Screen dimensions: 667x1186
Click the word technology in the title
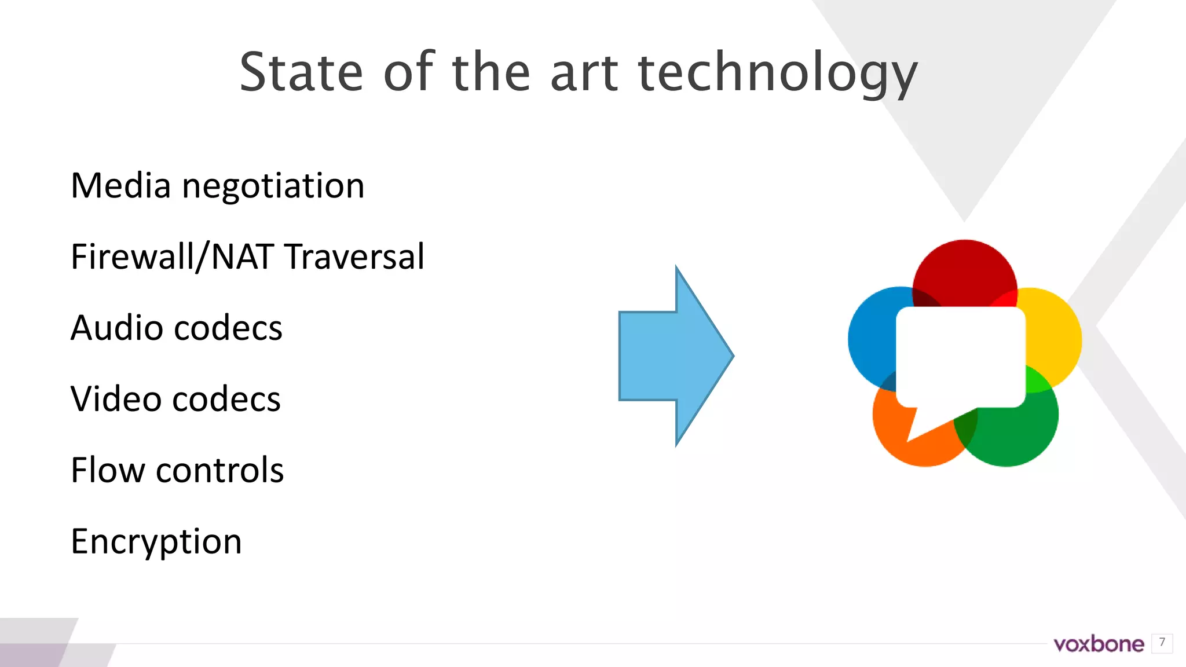tap(777, 73)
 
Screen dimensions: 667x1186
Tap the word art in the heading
tap(584, 73)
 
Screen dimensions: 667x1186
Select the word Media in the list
tap(120, 186)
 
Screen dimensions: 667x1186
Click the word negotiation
tap(273, 187)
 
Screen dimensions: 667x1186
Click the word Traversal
tap(355, 256)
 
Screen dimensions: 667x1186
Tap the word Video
tap(115, 399)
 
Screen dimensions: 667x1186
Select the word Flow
tap(108, 470)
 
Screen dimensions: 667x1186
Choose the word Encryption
tap(156, 542)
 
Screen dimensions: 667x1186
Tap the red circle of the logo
tap(964, 269)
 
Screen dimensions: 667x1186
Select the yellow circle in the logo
tap(1054, 336)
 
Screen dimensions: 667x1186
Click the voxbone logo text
tap(1099, 644)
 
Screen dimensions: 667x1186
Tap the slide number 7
tap(1162, 643)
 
